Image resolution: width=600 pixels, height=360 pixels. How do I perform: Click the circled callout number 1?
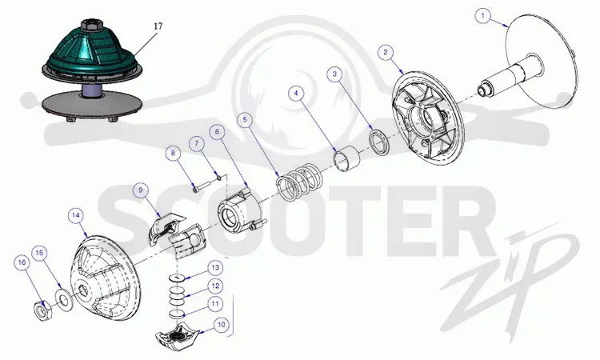483,16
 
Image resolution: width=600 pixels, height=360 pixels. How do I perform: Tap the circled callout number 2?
386,52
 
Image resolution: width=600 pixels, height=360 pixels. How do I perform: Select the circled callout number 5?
245,120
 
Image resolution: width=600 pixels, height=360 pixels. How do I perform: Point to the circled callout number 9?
141,190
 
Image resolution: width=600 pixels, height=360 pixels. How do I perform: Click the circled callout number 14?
76,216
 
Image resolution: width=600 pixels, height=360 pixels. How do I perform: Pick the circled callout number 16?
22,262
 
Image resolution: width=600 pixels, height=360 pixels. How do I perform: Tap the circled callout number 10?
222,325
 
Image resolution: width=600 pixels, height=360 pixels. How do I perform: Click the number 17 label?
158,26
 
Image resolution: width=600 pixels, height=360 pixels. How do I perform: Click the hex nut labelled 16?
42,310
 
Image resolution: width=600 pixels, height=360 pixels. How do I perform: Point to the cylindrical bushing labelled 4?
347,158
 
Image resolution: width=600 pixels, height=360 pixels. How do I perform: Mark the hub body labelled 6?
241,210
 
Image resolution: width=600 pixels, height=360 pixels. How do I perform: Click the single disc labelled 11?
177,314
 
